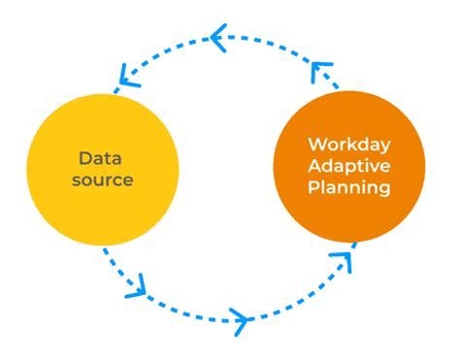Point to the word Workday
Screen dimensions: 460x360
(349, 146)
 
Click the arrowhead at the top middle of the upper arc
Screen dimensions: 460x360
(219, 40)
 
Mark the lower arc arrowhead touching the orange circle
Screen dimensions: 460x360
(341, 259)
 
